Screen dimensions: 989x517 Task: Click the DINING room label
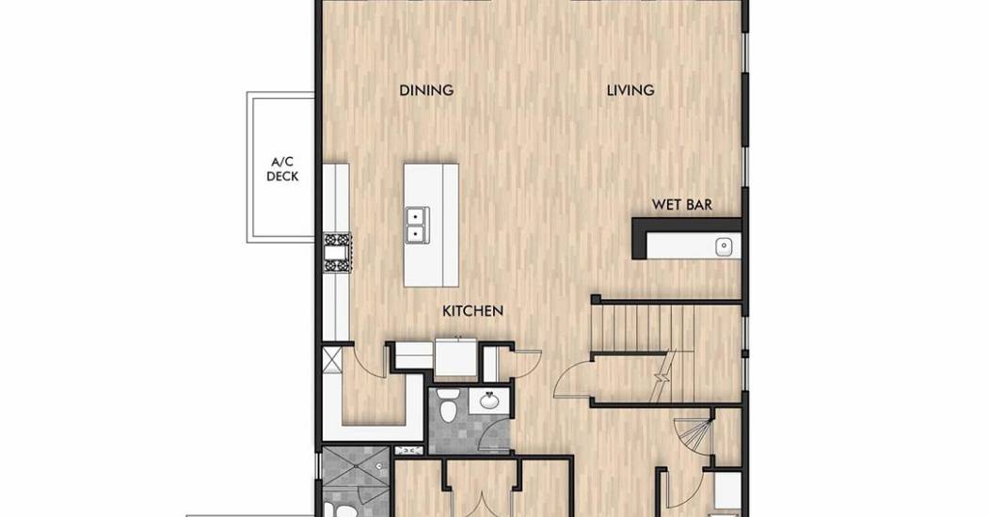(426, 90)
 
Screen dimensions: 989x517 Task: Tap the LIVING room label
(630, 90)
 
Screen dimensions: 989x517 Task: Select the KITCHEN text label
(473, 310)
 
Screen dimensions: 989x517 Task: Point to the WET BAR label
(682, 205)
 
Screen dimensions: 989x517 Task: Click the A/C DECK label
(282, 170)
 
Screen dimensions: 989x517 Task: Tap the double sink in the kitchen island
(415, 225)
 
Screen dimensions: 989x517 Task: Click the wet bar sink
(724, 245)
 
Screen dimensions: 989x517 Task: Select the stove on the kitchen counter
(338, 253)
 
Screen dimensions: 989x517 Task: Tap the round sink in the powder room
(487, 399)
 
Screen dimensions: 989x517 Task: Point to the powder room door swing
(492, 434)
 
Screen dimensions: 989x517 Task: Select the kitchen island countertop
(431, 226)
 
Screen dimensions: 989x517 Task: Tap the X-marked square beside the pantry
(332, 360)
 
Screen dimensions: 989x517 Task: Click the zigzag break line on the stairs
(662, 376)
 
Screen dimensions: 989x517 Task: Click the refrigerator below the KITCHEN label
(456, 357)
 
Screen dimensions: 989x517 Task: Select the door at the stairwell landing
(573, 378)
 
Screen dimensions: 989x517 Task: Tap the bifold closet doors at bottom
(482, 504)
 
